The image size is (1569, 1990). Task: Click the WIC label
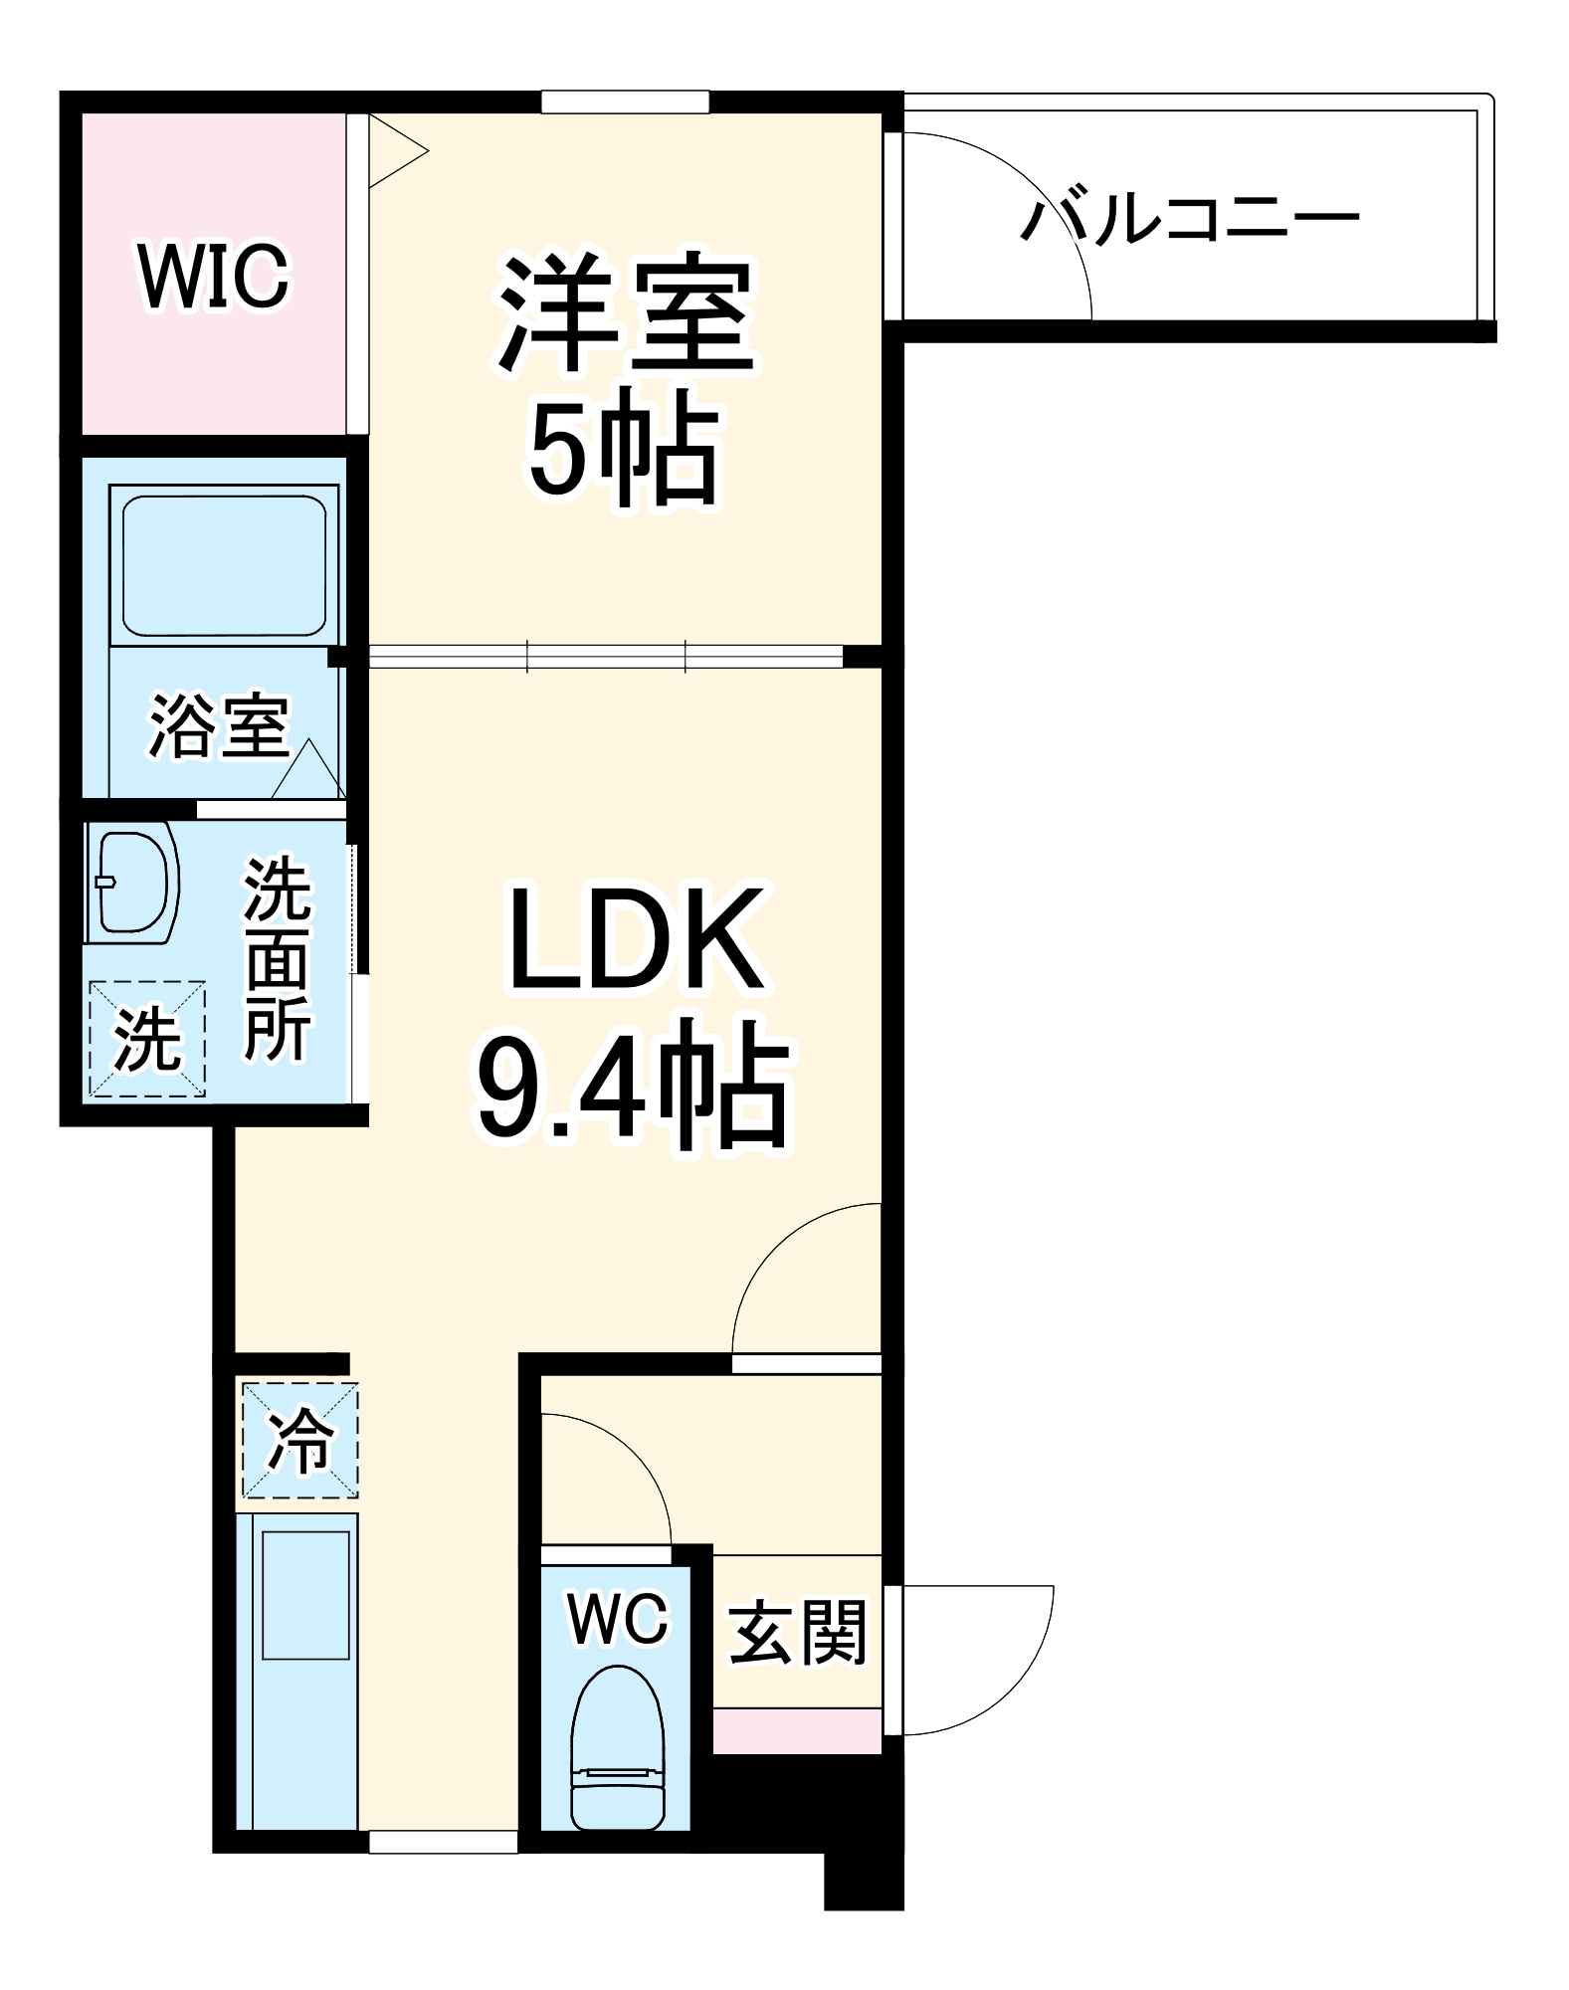(x=214, y=276)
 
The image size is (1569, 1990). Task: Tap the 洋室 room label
(x=626, y=314)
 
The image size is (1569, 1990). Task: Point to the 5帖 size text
(x=623, y=453)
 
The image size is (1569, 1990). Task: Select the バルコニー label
(x=1190, y=220)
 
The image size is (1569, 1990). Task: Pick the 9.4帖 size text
(x=633, y=1086)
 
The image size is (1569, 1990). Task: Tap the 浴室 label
(x=219, y=724)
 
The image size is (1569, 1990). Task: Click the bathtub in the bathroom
(x=224, y=564)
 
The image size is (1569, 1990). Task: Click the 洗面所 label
(x=278, y=959)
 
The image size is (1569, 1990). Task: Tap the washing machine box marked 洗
(x=147, y=1039)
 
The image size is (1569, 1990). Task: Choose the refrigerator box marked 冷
(x=299, y=1440)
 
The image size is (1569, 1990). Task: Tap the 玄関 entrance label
(x=798, y=1632)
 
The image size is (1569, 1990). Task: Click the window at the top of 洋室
(x=625, y=101)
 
